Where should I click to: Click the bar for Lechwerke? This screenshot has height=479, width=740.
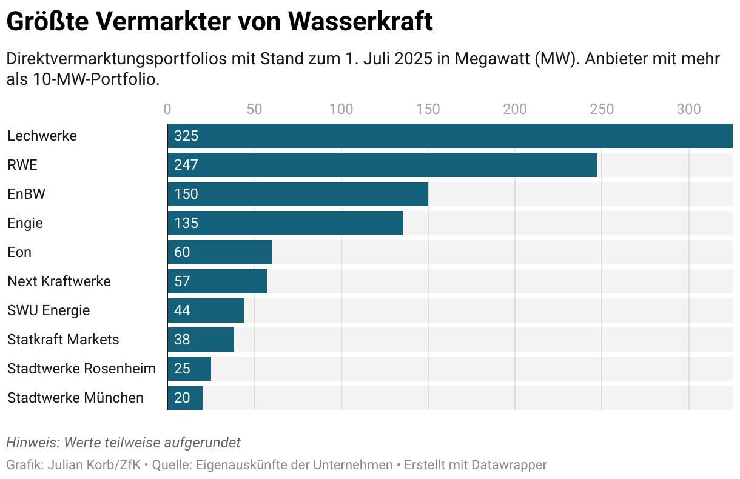pyautogui.click(x=449, y=136)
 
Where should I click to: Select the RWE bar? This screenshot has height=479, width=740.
pyautogui.click(x=382, y=165)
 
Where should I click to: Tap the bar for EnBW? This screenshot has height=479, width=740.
pyautogui.click(x=298, y=194)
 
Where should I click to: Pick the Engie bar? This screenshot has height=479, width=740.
pyautogui.click(x=285, y=223)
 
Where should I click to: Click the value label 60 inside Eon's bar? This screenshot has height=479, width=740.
pyautogui.click(x=182, y=252)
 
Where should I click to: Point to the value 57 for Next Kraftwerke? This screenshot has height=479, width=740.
pyautogui.click(x=182, y=281)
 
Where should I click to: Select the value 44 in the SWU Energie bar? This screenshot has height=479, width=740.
pyautogui.click(x=182, y=310)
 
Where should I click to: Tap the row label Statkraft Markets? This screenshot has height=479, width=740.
pyautogui.click(x=63, y=340)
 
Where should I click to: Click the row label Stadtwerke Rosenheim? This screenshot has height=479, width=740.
pyautogui.click(x=81, y=369)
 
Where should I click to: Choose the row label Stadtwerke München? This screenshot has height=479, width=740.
pyautogui.click(x=75, y=398)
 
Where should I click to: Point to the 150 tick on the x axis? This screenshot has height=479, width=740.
pyautogui.click(x=428, y=109)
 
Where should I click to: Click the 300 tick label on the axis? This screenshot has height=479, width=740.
pyautogui.click(x=689, y=109)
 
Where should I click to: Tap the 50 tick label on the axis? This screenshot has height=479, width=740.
pyautogui.click(x=254, y=109)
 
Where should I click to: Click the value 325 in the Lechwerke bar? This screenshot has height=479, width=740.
pyautogui.click(x=186, y=136)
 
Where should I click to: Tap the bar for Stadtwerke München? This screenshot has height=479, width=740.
pyautogui.click(x=185, y=398)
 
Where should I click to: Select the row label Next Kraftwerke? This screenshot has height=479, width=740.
pyautogui.click(x=59, y=281)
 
